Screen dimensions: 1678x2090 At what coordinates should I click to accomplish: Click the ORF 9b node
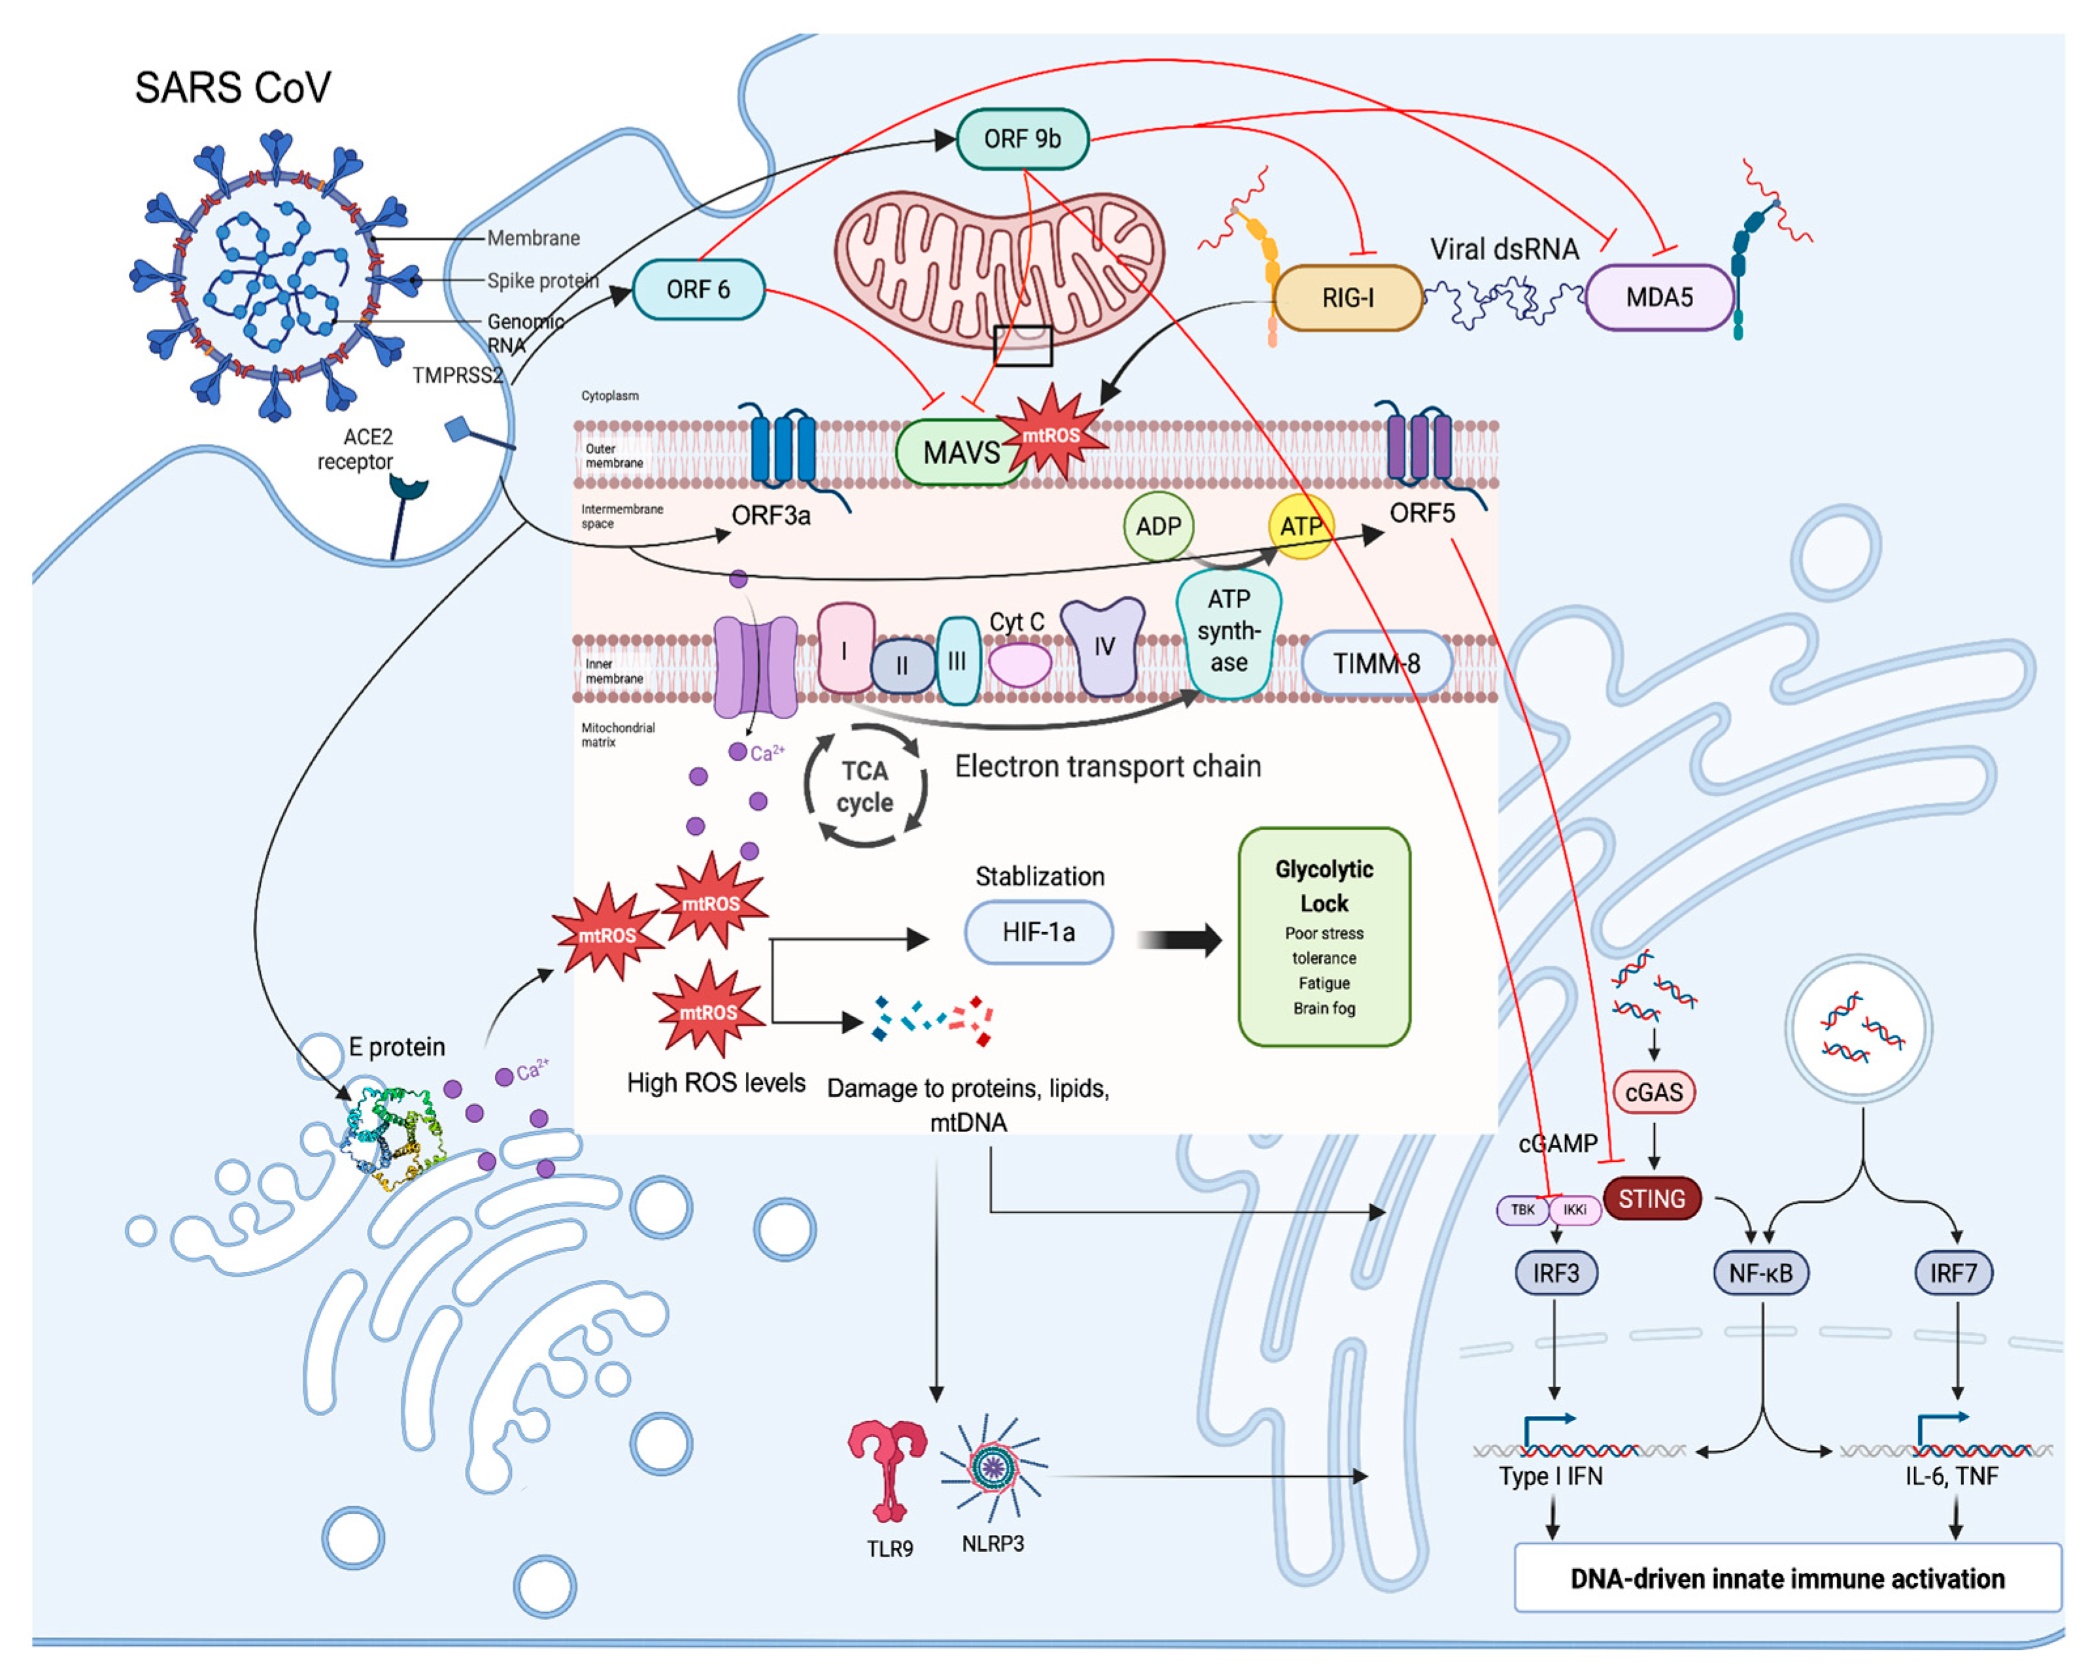coord(1022,139)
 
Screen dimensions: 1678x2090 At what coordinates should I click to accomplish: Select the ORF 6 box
coord(698,289)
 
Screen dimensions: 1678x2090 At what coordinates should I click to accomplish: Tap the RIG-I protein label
coord(1347,297)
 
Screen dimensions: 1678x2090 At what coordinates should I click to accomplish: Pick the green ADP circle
coord(1158,526)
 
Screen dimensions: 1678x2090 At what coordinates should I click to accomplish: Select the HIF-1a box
coord(1038,931)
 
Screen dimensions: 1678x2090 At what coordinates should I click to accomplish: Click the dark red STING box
coord(1652,1198)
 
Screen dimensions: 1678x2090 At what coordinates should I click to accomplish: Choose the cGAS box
coord(1654,1092)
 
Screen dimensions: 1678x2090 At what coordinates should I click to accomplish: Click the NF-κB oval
coord(1761,1273)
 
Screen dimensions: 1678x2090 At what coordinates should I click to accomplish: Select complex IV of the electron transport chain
coord(1103,646)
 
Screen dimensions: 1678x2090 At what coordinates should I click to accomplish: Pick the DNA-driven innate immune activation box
coord(1787,1578)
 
